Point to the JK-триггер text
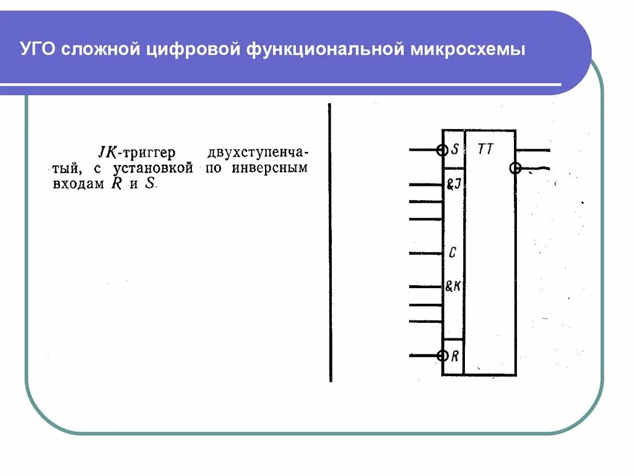[x=137, y=152]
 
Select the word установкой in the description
[x=154, y=168]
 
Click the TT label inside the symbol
[x=486, y=149]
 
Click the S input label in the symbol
[x=455, y=149]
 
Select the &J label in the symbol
[x=454, y=185]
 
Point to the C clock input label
[x=453, y=253]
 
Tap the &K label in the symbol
[x=454, y=286]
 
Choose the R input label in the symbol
[x=455, y=356]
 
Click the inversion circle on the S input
[x=442, y=150]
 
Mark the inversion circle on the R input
[x=442, y=356]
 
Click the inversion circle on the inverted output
[x=515, y=168]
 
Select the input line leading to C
[x=425, y=253]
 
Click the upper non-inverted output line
[x=532, y=150]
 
